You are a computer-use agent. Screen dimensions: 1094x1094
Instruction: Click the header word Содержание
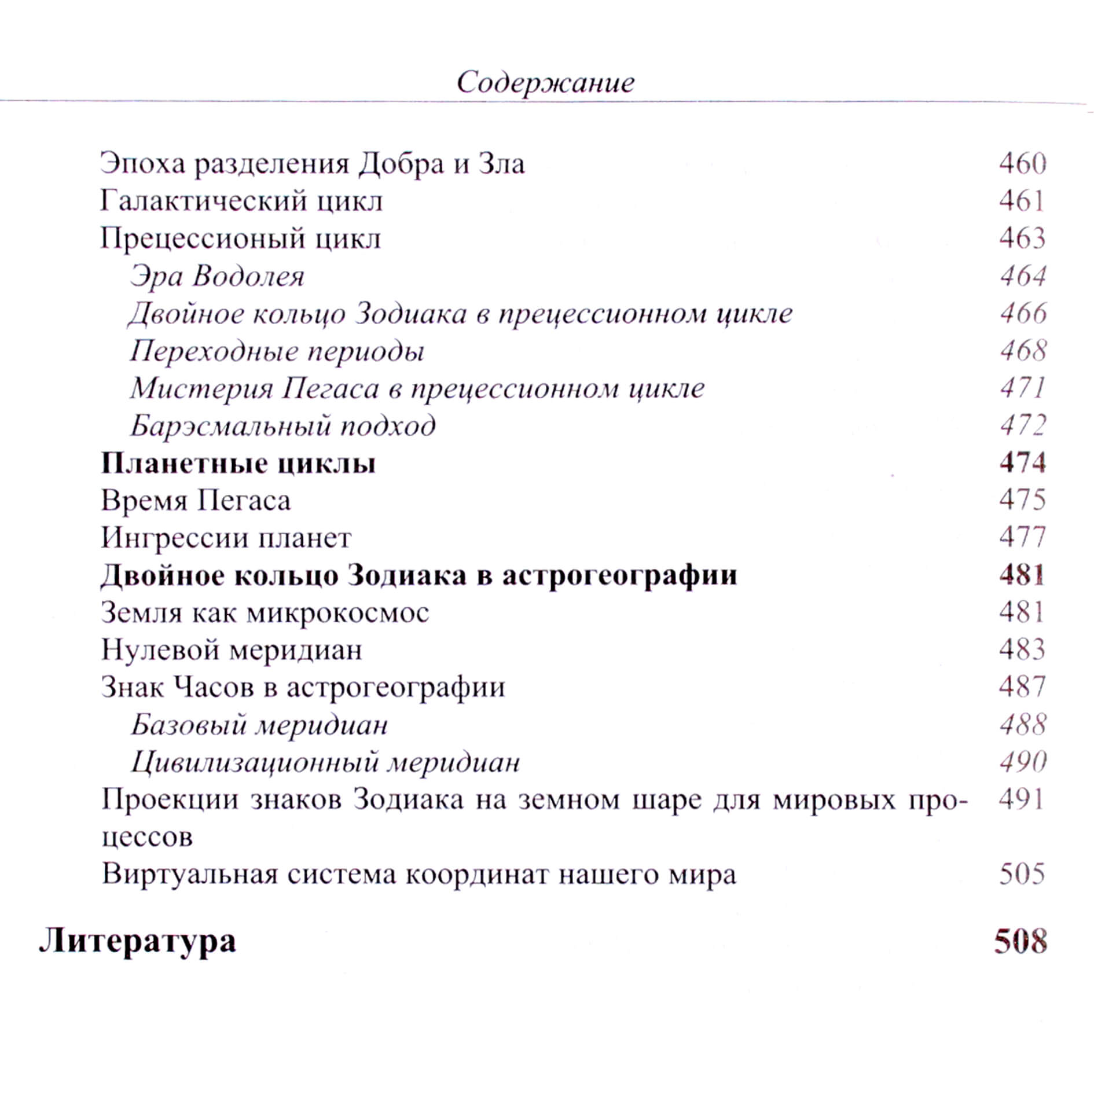pyautogui.click(x=545, y=82)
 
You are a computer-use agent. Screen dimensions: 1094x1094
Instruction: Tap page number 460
pyautogui.click(x=1022, y=164)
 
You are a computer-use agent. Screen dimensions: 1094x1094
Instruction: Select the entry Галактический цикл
pyautogui.click(x=241, y=201)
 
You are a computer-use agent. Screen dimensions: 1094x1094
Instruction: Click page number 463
pyautogui.click(x=1022, y=238)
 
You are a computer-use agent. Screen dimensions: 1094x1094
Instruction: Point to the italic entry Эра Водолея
pyautogui.click(x=217, y=276)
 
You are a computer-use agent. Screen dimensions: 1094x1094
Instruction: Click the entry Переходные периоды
pyautogui.click(x=277, y=351)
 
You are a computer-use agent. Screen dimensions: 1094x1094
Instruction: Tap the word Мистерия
pyautogui.click(x=201, y=388)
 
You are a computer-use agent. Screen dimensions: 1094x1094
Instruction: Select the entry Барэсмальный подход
pyautogui.click(x=282, y=426)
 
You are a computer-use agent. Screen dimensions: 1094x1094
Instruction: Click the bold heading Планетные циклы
pyautogui.click(x=238, y=463)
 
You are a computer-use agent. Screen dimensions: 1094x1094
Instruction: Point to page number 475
pyautogui.click(x=1022, y=500)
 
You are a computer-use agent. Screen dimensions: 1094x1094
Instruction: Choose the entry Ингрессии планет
pyautogui.click(x=226, y=538)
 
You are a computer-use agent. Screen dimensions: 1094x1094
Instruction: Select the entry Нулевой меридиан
pyautogui.click(x=232, y=650)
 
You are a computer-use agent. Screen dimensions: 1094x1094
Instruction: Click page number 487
pyautogui.click(x=1022, y=687)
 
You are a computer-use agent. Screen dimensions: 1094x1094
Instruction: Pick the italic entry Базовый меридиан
pyautogui.click(x=259, y=725)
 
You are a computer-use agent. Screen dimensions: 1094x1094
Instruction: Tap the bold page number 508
pyautogui.click(x=1020, y=942)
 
